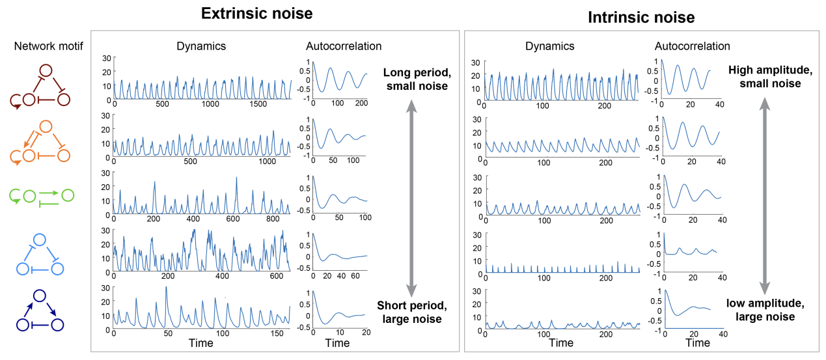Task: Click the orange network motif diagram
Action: (40, 141)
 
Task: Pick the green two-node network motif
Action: (41, 196)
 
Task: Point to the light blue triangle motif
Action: (40, 253)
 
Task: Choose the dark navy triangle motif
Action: (40, 310)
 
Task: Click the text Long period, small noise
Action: (416, 79)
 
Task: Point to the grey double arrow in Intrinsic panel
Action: (765, 193)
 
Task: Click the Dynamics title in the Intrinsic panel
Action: (550, 46)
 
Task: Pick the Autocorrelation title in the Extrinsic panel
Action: (344, 46)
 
